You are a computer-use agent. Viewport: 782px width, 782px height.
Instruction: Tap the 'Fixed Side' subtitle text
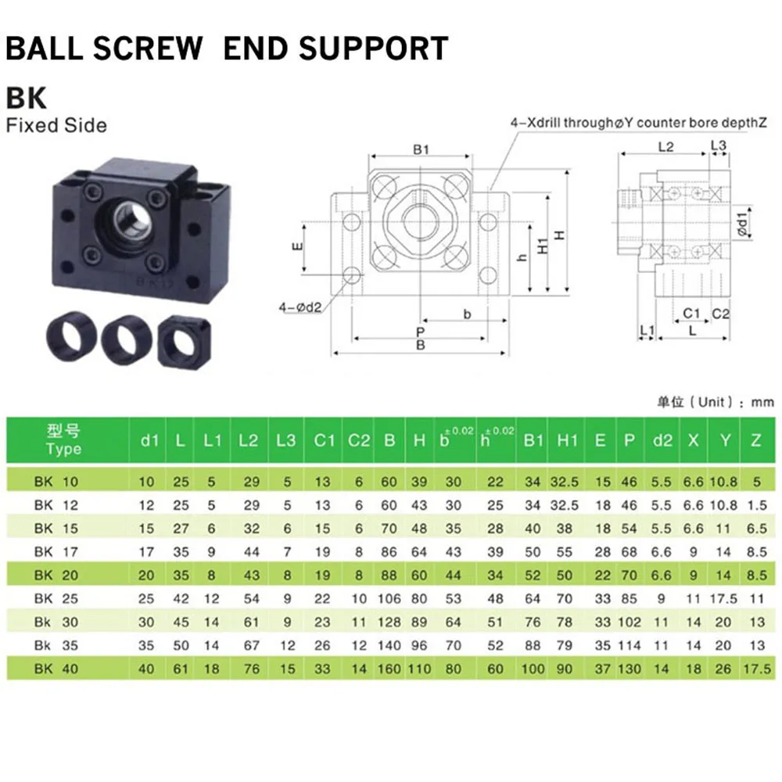(56, 125)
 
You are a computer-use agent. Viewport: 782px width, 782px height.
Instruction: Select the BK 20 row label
(56, 576)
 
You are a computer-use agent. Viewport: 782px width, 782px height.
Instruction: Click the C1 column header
(324, 440)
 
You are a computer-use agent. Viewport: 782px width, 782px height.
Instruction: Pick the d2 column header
(662, 440)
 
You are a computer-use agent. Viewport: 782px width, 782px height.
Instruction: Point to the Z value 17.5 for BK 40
(756, 669)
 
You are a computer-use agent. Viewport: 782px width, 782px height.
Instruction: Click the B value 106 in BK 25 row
(389, 599)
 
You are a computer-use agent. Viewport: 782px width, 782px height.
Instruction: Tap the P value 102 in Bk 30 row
(630, 622)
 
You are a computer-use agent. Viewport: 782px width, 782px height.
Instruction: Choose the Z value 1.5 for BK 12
(756, 505)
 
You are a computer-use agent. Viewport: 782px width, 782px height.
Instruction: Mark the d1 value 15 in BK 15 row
(149, 529)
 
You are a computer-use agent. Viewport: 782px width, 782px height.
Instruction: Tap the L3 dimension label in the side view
(719, 145)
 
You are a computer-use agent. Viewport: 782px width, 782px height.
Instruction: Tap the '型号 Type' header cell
(64, 440)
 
